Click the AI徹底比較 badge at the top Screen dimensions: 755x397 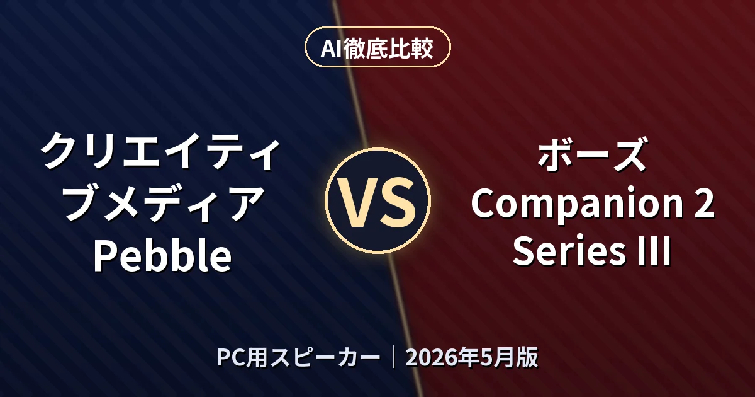377,47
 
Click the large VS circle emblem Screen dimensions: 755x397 378,200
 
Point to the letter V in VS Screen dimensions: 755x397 357,202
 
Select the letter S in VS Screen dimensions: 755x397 397,202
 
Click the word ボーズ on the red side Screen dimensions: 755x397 592,154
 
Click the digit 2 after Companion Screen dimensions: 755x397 704,203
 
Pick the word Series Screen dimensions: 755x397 569,252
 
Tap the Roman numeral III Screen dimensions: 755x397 655,251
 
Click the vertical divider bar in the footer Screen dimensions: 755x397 393,357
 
